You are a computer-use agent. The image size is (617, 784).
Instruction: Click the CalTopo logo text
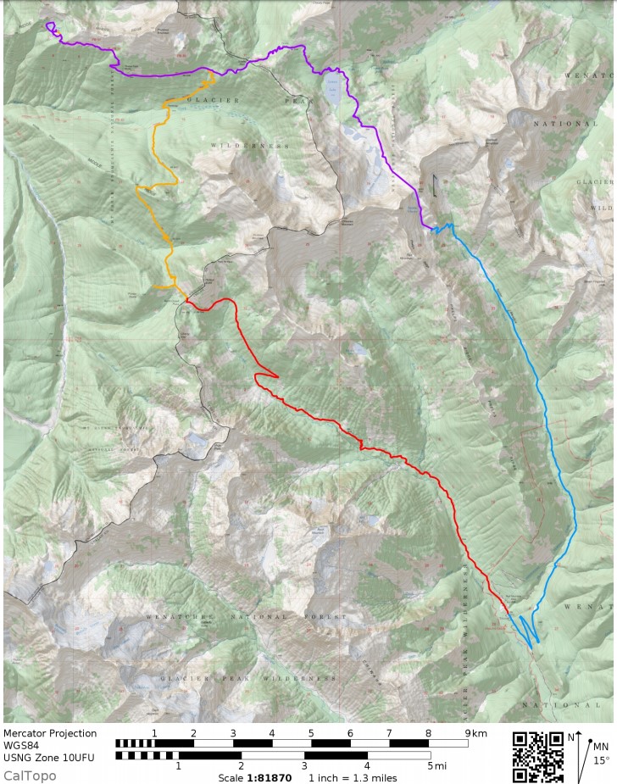tap(30, 776)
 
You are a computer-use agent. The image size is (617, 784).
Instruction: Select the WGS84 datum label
tap(21, 747)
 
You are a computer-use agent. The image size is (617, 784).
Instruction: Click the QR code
tap(538, 757)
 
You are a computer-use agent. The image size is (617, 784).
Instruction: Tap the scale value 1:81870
tap(269, 777)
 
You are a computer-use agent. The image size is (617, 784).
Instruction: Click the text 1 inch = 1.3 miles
tap(352, 777)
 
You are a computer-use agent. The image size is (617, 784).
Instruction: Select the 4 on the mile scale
tap(367, 766)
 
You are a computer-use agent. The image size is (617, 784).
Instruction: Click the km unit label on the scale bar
tap(480, 732)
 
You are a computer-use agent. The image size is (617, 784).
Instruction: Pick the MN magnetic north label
tap(600, 746)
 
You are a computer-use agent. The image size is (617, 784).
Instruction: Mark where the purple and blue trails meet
tap(434, 227)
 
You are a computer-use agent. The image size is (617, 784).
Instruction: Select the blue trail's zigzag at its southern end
tap(527, 631)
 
